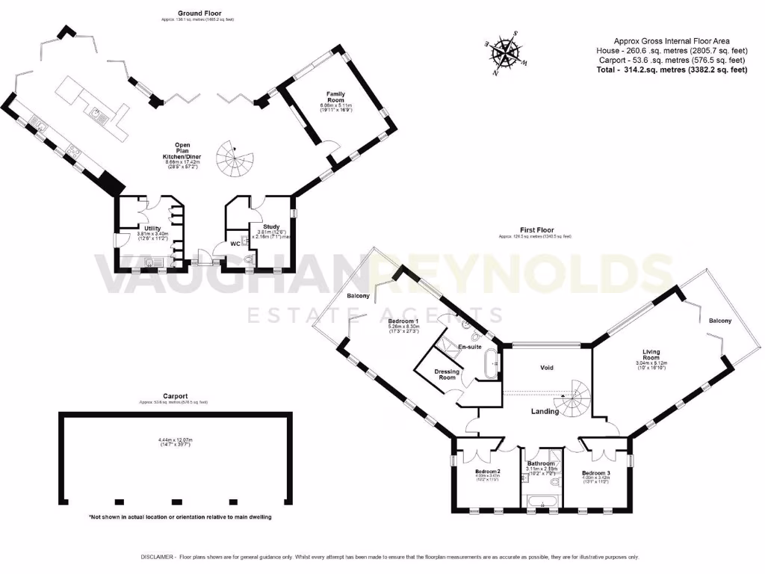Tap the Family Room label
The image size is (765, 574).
[x=335, y=94]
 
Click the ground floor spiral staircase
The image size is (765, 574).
[x=235, y=158]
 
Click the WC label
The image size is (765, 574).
[x=235, y=244]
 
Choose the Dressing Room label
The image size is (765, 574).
[x=447, y=374]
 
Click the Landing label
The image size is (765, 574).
[x=545, y=411]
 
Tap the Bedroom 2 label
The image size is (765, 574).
[x=488, y=471]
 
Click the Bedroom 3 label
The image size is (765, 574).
[x=597, y=473]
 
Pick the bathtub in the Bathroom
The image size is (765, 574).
[x=543, y=501]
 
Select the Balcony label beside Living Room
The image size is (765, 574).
[x=720, y=321]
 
